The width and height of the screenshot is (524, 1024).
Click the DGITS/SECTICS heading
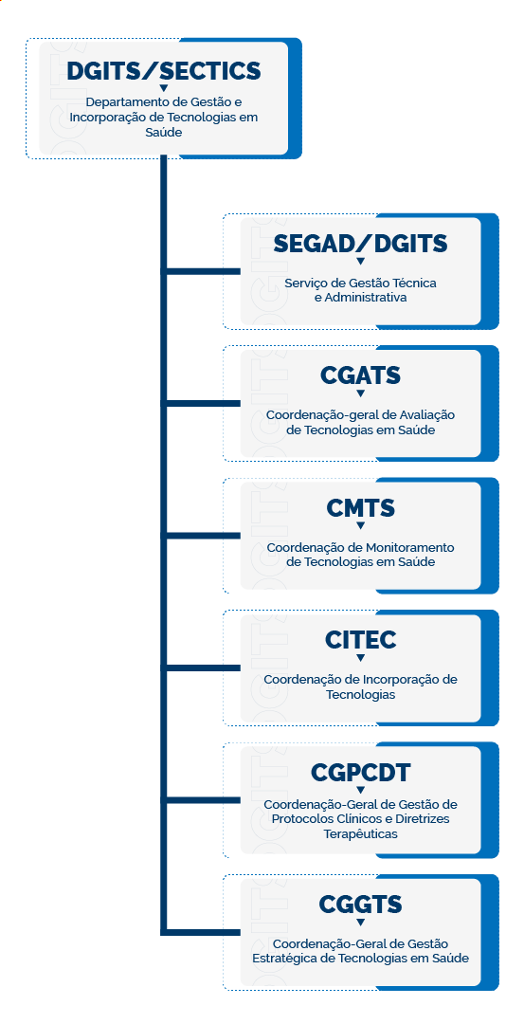(x=164, y=70)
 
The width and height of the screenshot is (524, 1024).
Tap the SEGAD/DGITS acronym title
(x=360, y=244)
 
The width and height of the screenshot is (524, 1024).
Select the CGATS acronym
(x=360, y=376)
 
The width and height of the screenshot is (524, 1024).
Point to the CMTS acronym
(x=360, y=509)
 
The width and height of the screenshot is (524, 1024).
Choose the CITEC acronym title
(x=360, y=641)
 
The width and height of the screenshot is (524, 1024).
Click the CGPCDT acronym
(x=360, y=773)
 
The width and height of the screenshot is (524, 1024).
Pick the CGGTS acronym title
(x=360, y=905)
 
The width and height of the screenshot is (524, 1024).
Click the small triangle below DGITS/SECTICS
(x=164, y=88)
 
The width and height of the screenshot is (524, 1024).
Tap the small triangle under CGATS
(x=360, y=393)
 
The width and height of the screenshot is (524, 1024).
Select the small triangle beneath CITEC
(x=360, y=658)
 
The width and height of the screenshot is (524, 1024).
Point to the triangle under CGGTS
(x=360, y=922)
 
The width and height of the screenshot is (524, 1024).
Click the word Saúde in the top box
(x=164, y=133)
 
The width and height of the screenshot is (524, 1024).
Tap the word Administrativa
(x=360, y=297)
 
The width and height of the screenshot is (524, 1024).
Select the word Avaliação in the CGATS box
(x=427, y=415)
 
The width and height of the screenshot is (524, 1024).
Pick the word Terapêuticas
(x=360, y=833)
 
